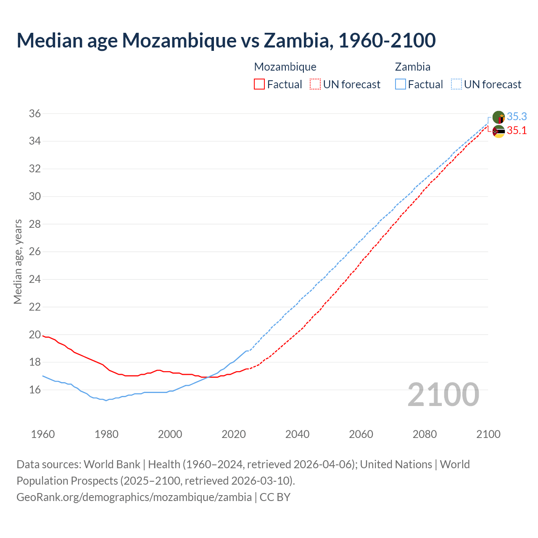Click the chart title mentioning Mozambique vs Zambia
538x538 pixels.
(226, 40)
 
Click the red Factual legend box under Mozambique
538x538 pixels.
(259, 84)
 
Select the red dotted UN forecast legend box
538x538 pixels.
(315, 84)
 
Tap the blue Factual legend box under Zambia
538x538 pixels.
(401, 84)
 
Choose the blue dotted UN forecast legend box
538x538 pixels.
(456, 84)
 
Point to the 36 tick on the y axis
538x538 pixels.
(35, 113)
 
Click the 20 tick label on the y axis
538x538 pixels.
(35, 335)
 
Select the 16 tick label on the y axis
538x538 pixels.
(35, 390)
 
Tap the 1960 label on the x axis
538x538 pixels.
(43, 434)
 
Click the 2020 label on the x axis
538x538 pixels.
(234, 434)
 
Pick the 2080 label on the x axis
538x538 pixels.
(425, 434)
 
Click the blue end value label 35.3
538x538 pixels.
(517, 116)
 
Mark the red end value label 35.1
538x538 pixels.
(517, 130)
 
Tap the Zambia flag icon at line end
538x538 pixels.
(498, 117)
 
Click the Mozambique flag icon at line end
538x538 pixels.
(498, 131)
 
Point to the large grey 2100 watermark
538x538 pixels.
(443, 394)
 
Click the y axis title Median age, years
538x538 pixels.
(18, 261)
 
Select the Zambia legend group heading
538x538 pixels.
(412, 67)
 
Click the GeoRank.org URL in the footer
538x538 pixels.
(134, 497)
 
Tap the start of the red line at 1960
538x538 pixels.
(43, 335)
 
